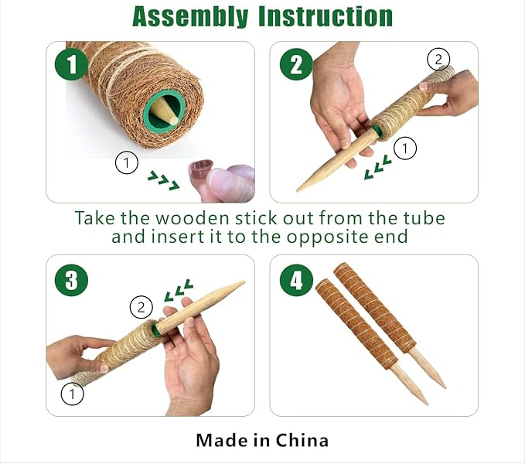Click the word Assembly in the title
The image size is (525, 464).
[x=190, y=17]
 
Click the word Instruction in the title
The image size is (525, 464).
[x=326, y=16]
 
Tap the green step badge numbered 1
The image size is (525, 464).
[x=72, y=64]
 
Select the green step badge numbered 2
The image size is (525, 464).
[x=296, y=64]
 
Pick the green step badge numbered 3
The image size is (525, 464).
[x=72, y=280]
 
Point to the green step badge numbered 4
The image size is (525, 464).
[x=296, y=280]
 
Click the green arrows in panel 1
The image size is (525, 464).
[x=163, y=180]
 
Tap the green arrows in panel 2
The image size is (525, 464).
[x=377, y=167]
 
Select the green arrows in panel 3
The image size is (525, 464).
[x=179, y=290]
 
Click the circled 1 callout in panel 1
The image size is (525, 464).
[x=127, y=162]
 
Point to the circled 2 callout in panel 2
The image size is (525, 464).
[x=438, y=60]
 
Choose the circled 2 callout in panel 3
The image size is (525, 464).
[x=141, y=307]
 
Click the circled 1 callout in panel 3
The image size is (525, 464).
[x=73, y=394]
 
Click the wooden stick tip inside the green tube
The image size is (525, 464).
[x=165, y=111]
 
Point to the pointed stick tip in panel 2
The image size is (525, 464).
[x=298, y=191]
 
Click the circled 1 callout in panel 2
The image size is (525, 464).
[x=405, y=148]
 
